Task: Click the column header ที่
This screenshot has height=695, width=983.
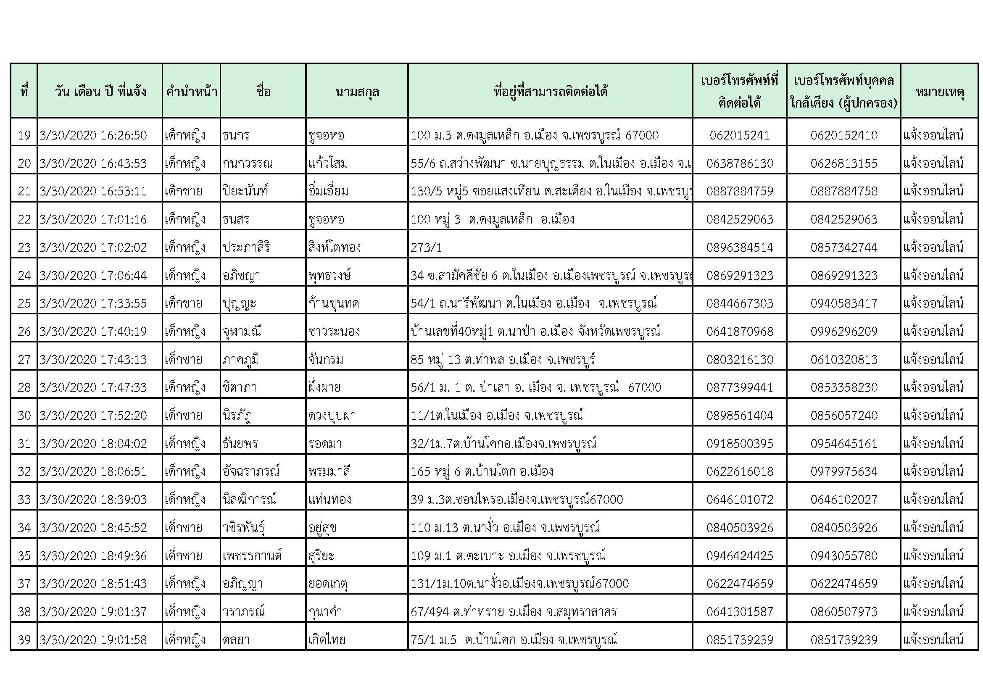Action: click(x=24, y=91)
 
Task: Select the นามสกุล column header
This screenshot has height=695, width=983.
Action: click(x=357, y=91)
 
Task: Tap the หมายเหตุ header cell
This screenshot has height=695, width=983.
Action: click(x=940, y=91)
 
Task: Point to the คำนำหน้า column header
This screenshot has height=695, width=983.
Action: click(x=191, y=91)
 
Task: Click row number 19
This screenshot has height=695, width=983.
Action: click(x=24, y=135)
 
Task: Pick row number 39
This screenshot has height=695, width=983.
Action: click(x=24, y=640)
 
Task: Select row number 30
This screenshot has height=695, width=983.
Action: click(x=24, y=416)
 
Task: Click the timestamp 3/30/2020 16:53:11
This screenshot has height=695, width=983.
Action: click(x=93, y=191)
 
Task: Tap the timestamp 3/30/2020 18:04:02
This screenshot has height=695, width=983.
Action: click(x=93, y=443)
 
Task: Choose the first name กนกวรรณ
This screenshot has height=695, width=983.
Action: click(x=248, y=163)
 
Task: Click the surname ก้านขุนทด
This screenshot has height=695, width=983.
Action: click(x=334, y=303)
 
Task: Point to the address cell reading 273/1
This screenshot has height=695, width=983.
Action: click(x=426, y=247)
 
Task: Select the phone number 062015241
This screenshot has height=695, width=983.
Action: click(x=739, y=135)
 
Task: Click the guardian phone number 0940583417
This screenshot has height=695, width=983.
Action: click(x=844, y=303)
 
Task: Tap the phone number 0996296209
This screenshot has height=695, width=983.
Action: click(x=844, y=332)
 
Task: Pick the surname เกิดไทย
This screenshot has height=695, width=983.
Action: click(x=327, y=640)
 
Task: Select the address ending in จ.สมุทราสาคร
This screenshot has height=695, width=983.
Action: click(x=513, y=611)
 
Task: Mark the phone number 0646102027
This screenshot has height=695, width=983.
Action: click(x=844, y=500)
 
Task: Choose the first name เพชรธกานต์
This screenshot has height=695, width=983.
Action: click(x=252, y=555)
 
